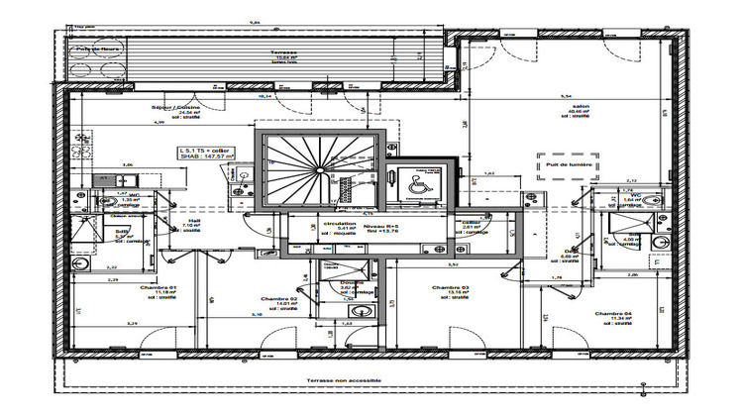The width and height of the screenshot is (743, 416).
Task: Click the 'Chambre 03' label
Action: point(449,288)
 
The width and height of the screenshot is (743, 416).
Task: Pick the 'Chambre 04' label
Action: point(613,314)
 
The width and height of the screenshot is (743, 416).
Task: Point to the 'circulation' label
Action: point(341,224)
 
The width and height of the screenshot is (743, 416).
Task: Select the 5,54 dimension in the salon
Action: point(566,95)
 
